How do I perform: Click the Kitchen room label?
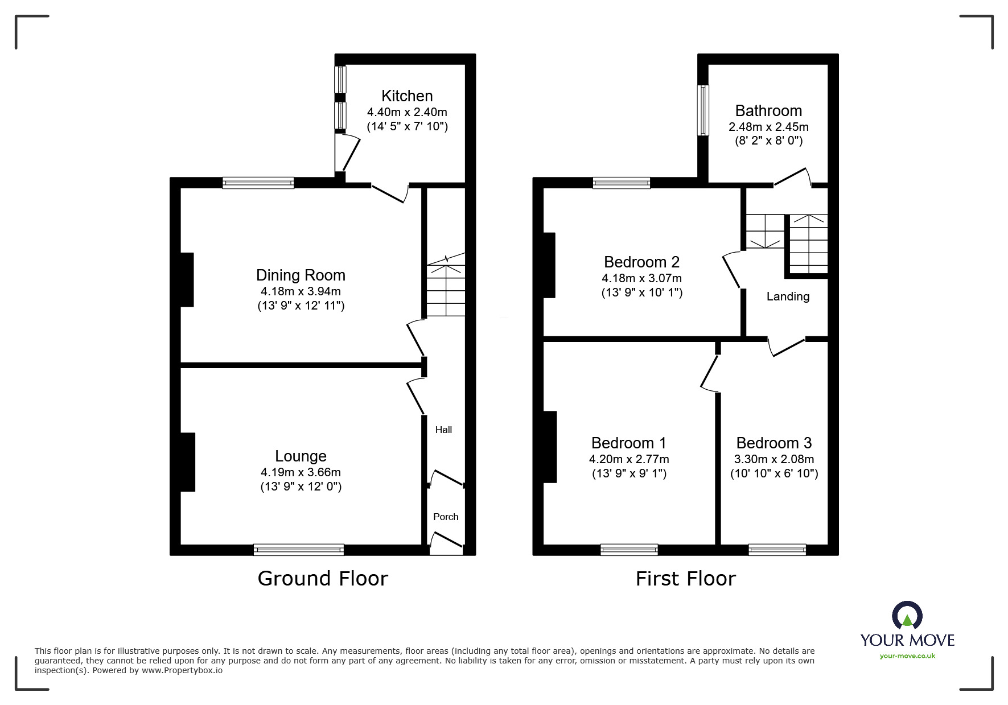407,96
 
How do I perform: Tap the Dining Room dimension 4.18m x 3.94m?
301,291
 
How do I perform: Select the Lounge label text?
301,456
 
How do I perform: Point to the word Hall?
443,430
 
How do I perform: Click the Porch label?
446,517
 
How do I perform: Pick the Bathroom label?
768,110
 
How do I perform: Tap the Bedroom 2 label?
641,262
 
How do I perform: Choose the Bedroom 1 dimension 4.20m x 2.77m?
629,459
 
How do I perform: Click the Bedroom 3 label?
774,443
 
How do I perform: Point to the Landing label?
788,296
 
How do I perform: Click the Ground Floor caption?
323,578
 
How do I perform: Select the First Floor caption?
686,579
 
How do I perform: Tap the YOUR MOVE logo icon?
907,616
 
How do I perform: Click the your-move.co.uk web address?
907,656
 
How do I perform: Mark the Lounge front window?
299,550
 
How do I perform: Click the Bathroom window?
703,110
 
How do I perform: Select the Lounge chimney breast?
188,462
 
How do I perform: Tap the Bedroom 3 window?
777,550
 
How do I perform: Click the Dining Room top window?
258,183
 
